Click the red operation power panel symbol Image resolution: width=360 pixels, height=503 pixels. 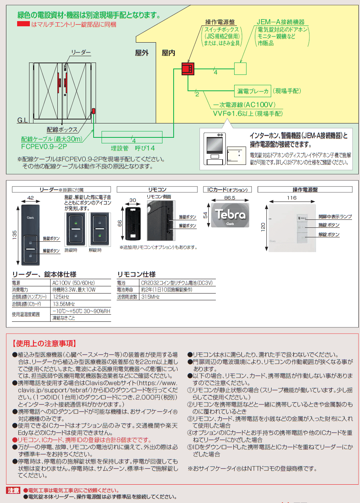[x=187, y=69]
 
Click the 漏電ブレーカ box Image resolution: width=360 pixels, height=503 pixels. [x=252, y=91]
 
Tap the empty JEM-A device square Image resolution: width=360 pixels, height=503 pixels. [x=240, y=69]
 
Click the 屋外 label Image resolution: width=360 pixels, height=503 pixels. [x=142, y=53]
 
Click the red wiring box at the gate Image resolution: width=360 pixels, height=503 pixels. [x=94, y=111]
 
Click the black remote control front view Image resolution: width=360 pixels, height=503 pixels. [x=132, y=224]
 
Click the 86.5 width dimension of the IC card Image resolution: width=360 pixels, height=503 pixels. [x=230, y=198]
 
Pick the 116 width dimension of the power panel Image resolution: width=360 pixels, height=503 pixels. [x=292, y=198]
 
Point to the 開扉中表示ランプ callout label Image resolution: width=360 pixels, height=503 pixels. [x=335, y=217]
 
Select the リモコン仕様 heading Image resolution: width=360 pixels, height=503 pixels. [x=136, y=274]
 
